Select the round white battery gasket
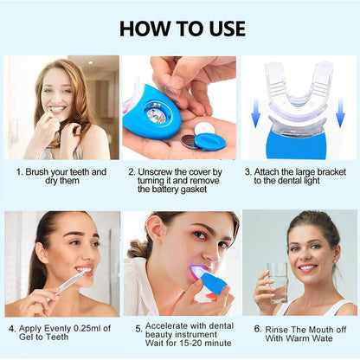click(204, 128)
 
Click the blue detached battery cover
click(210, 142)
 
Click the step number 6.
click(258, 329)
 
